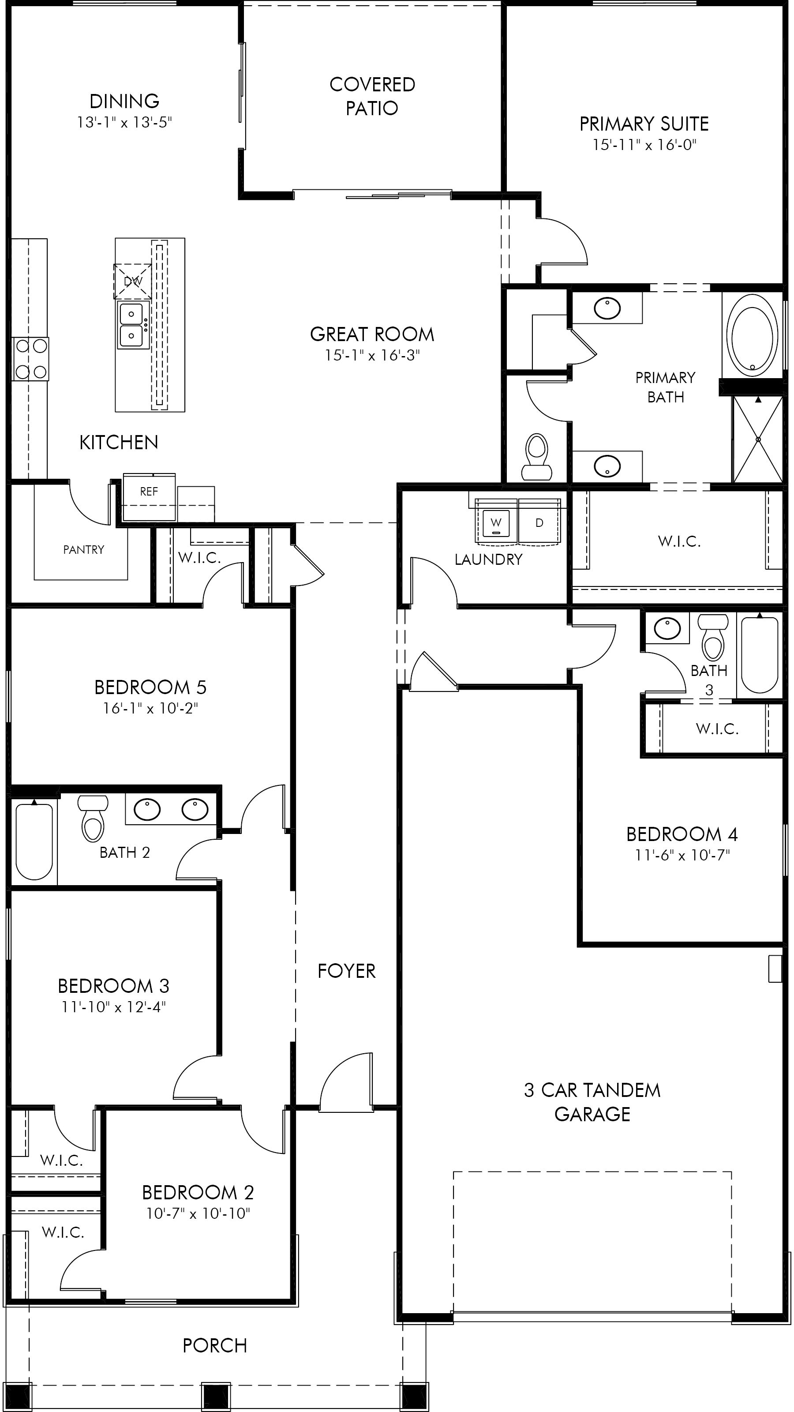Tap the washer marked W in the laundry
click(x=496, y=522)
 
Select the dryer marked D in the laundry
click(x=539, y=522)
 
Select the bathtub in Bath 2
click(x=34, y=842)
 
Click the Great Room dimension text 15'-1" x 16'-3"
click(x=372, y=356)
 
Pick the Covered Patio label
click(x=372, y=96)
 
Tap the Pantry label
click(x=83, y=550)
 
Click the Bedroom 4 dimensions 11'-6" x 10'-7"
click(x=682, y=855)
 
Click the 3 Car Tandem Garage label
click(x=592, y=1102)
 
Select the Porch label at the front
click(x=215, y=1345)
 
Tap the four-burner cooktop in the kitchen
click(x=31, y=359)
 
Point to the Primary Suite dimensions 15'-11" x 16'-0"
click(x=644, y=145)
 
